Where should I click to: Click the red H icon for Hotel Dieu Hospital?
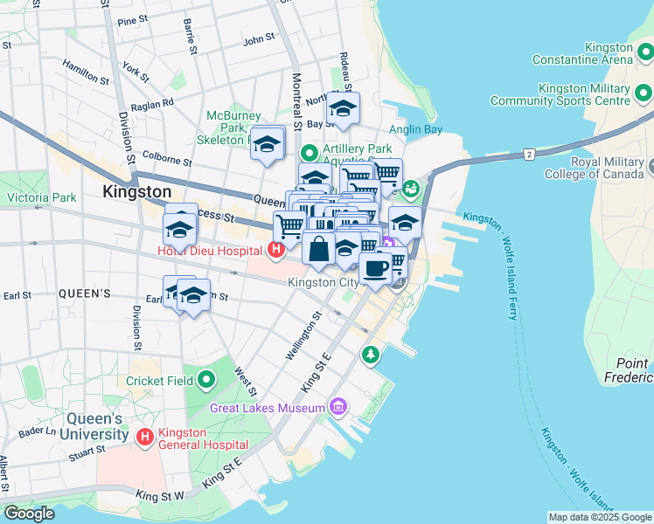276,252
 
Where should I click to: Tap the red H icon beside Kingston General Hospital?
144,435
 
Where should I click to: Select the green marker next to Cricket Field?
206,380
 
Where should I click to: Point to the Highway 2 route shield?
529,155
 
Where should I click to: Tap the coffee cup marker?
376,268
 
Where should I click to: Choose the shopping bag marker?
319,248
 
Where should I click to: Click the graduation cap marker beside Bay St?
343,110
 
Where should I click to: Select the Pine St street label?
132,20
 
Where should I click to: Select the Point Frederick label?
631,370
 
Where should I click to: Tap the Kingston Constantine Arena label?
586,53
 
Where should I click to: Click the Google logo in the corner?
30,514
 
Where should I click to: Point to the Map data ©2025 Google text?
598,517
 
